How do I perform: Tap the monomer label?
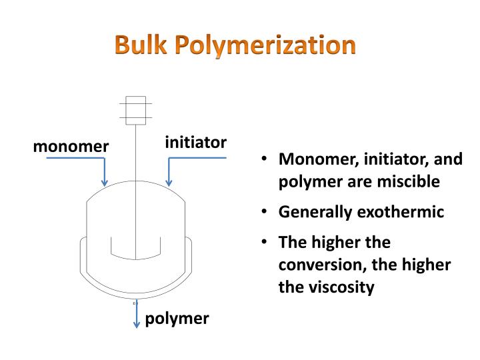71,146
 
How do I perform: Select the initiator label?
195,142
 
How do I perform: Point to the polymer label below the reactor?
177,319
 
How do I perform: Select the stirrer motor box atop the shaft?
136,109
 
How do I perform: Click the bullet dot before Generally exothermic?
265,212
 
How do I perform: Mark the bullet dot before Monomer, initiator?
265,159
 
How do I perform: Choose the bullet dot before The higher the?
265,242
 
